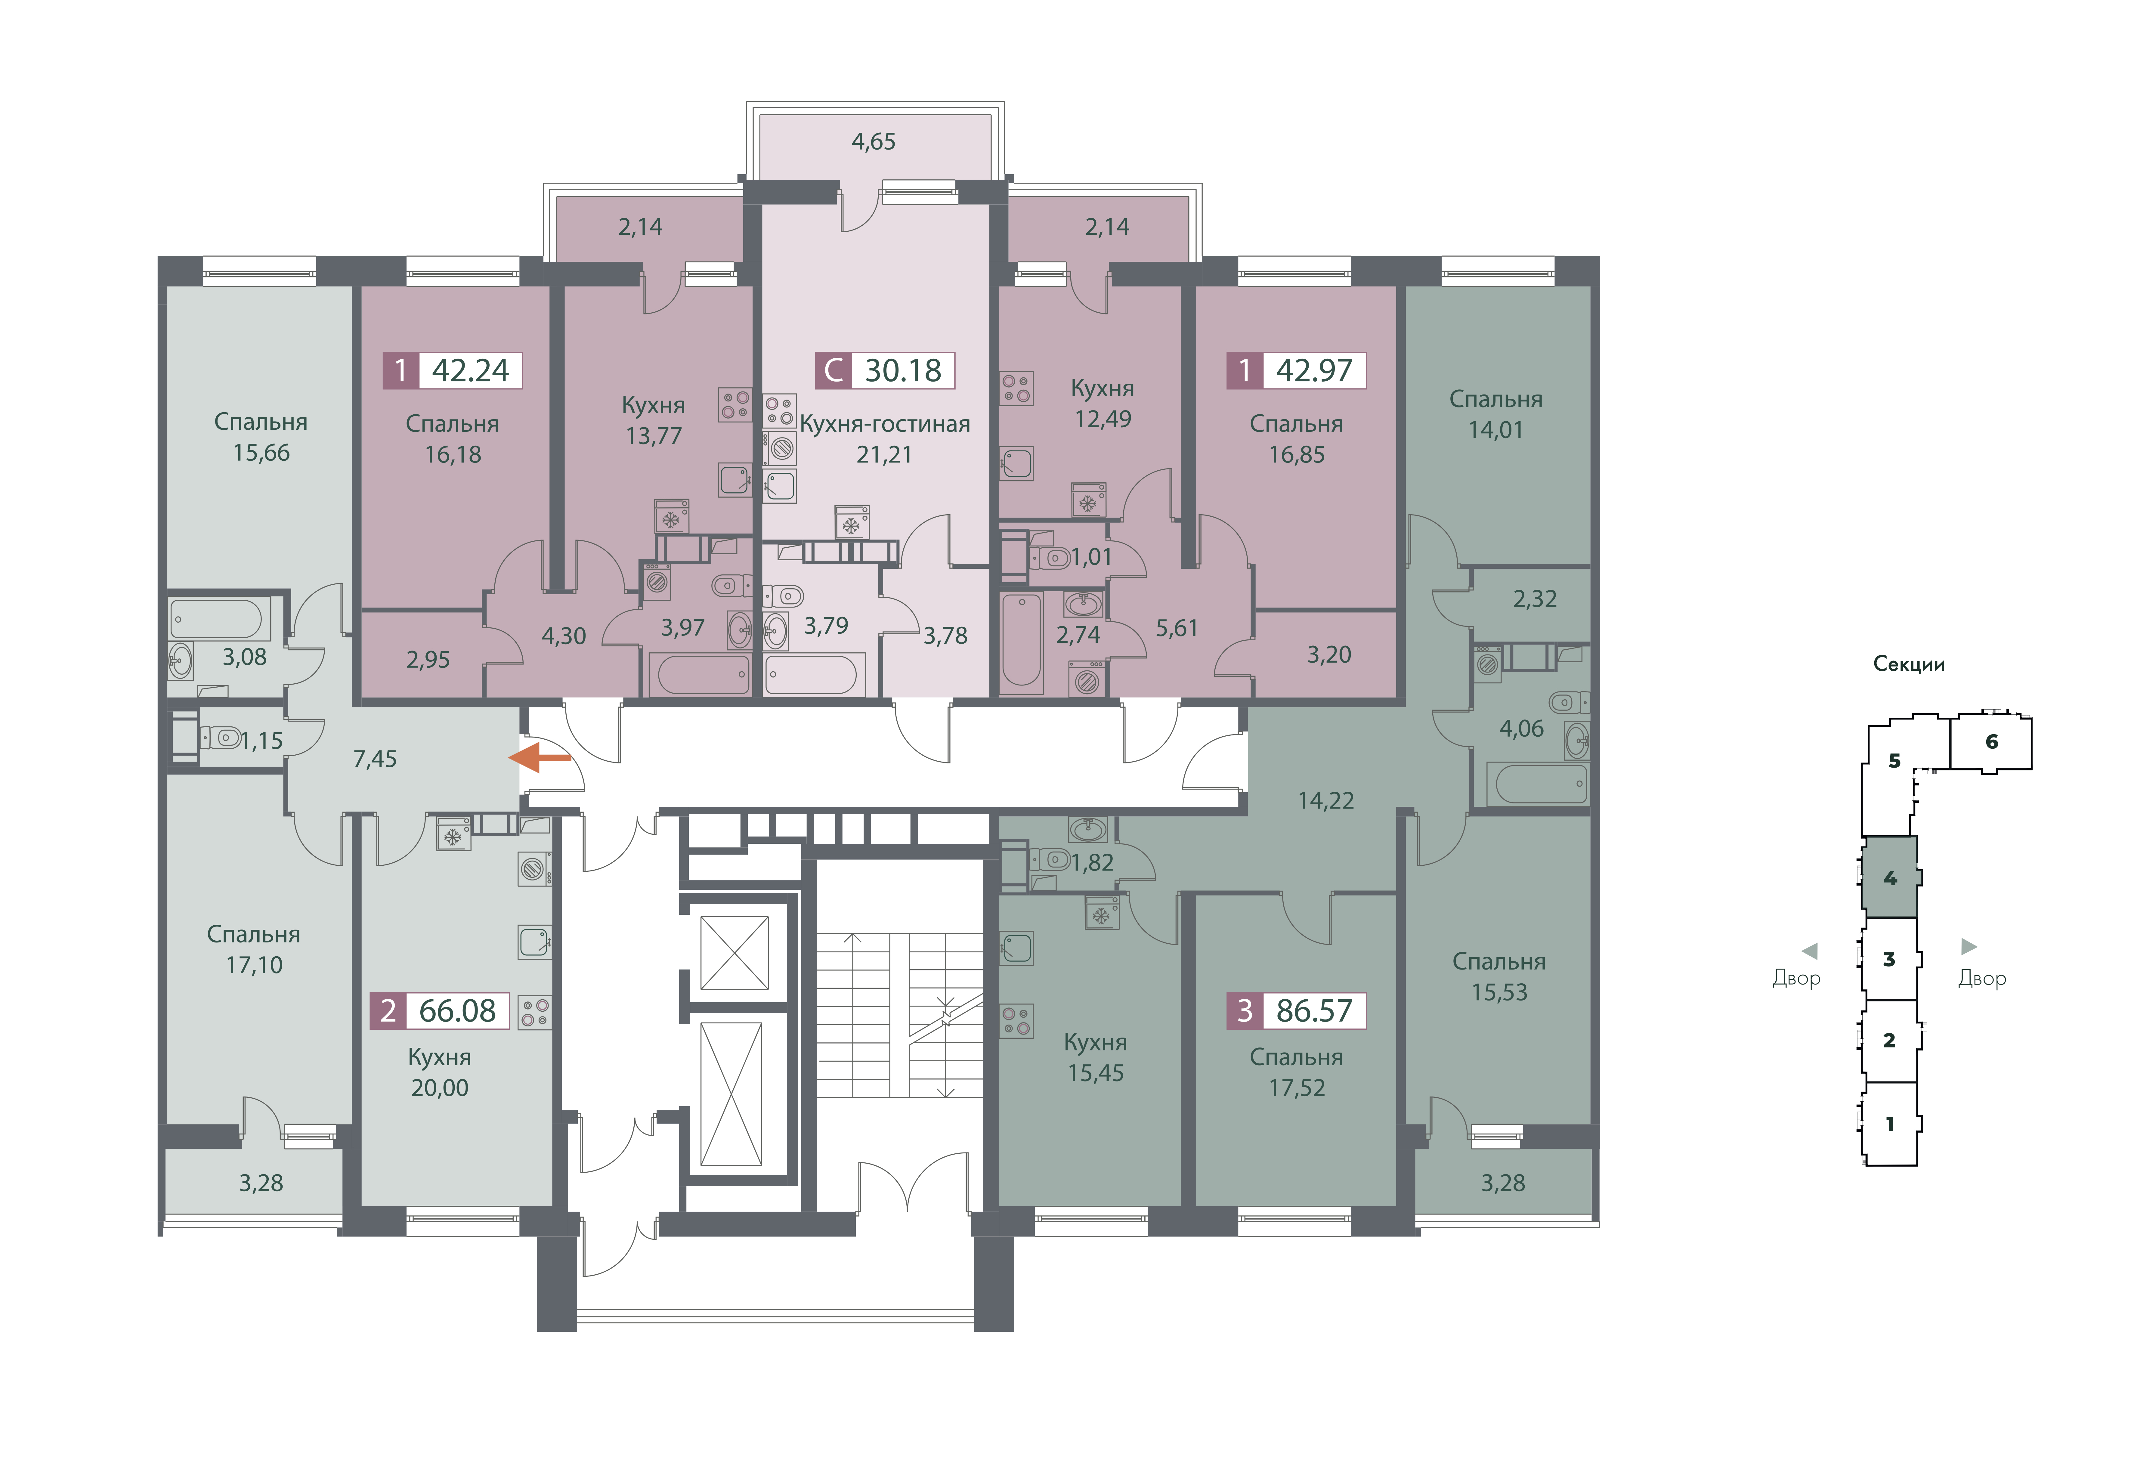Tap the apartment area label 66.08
457,1011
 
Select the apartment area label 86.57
1314,1011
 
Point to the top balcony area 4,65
873,141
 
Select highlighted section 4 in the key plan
1890,878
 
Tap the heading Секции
1909,664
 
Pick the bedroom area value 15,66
262,453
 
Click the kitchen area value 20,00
440,1088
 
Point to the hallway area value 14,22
1326,801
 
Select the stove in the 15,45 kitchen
1016,1021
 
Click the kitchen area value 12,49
1103,419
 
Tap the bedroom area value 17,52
1297,1088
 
